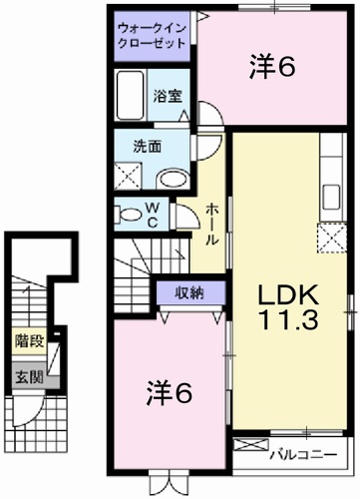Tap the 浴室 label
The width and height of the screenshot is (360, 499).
168,97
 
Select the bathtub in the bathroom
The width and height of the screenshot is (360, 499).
131,97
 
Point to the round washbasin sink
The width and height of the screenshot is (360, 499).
174,179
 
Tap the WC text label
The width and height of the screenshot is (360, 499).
154,213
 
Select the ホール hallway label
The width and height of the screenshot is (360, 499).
212,226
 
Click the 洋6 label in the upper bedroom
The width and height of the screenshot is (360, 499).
272,67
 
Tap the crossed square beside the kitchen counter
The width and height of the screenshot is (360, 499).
329,237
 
